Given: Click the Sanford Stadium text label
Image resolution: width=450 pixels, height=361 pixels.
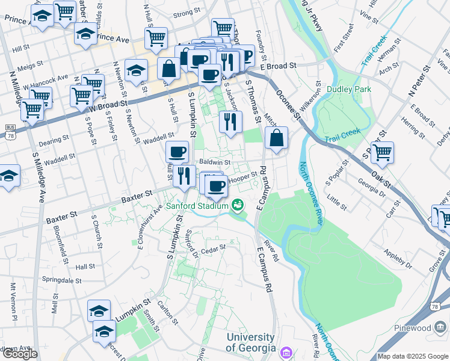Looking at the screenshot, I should pyautogui.click(x=197, y=206).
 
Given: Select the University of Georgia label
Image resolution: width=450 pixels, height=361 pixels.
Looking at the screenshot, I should pyautogui.click(x=251, y=342).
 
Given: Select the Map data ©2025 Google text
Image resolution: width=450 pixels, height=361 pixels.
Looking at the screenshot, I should pyautogui.click(x=412, y=356).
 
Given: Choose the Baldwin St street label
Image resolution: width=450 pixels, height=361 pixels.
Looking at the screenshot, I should pyautogui.click(x=215, y=162).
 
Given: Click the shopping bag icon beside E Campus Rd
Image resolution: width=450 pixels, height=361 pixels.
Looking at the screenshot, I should pyautogui.click(x=276, y=138).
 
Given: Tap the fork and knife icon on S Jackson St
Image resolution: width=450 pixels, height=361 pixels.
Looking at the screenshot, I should pyautogui.click(x=230, y=122).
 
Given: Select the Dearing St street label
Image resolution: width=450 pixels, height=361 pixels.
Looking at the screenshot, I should pyautogui.click(x=54, y=140).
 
